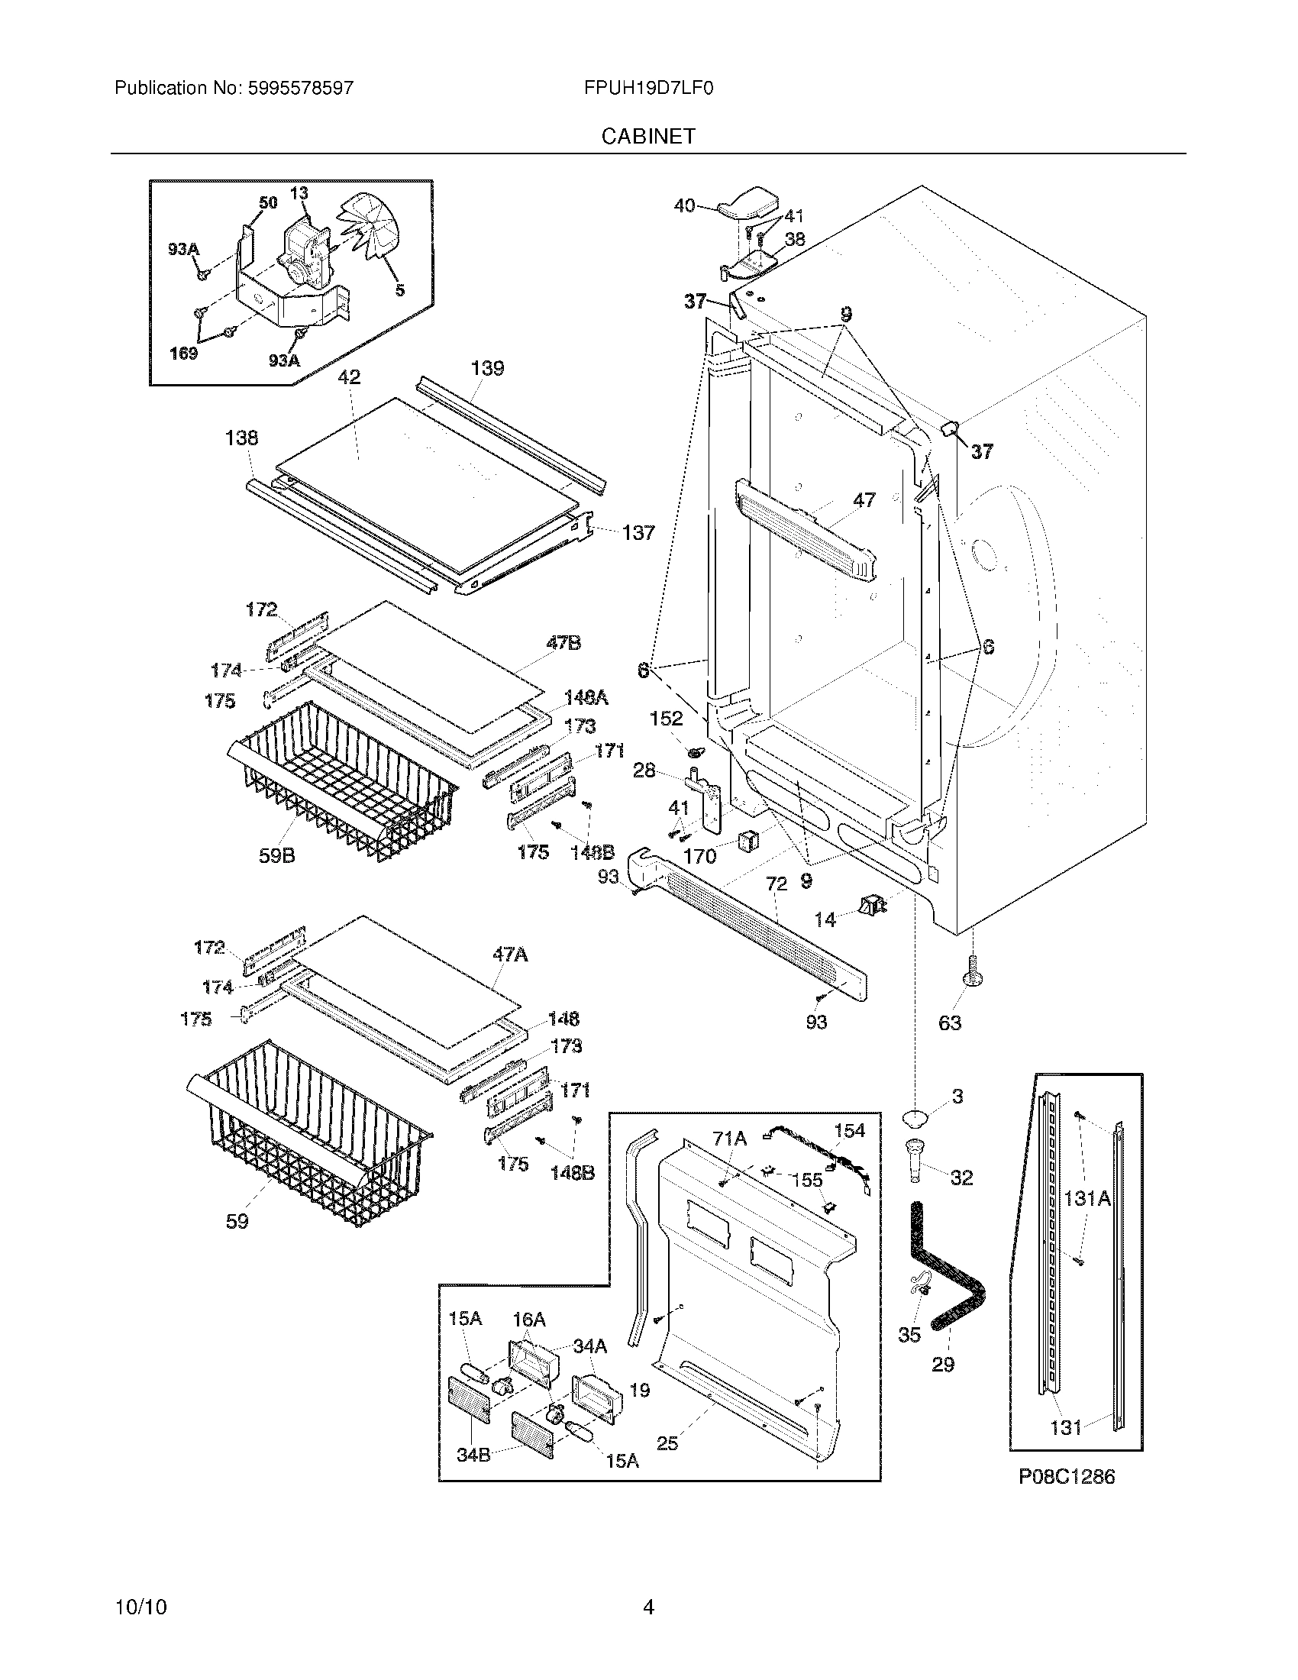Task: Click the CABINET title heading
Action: click(648, 136)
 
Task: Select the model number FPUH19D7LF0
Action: click(648, 88)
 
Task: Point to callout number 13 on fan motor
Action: click(299, 192)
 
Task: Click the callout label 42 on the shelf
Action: click(349, 377)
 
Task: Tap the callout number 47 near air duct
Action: click(864, 500)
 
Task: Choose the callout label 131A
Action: click(1087, 1197)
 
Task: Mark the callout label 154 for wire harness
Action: click(849, 1131)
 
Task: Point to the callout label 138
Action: click(241, 438)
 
